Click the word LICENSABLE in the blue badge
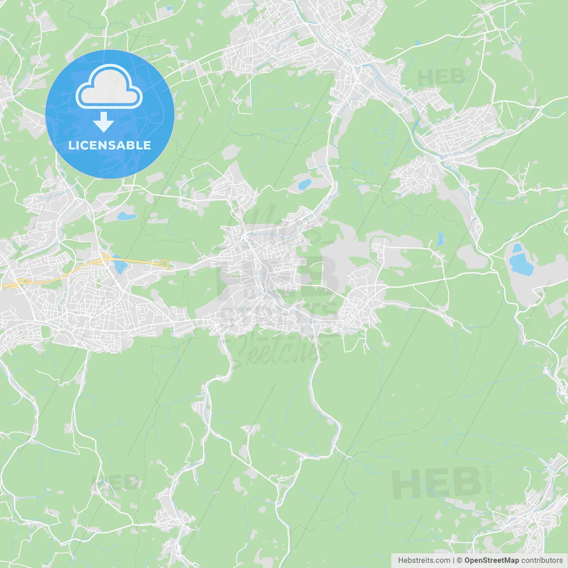(110, 146)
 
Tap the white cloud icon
(109, 87)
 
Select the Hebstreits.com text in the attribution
(424, 560)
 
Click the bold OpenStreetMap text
(491, 560)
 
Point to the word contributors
(542, 560)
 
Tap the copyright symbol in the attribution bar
(459, 560)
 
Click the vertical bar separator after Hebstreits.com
(454, 560)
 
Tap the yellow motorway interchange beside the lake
(106, 258)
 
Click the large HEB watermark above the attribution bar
(437, 483)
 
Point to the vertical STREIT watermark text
(489, 480)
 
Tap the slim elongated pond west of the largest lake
(440, 238)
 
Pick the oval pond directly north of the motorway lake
(126, 217)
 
